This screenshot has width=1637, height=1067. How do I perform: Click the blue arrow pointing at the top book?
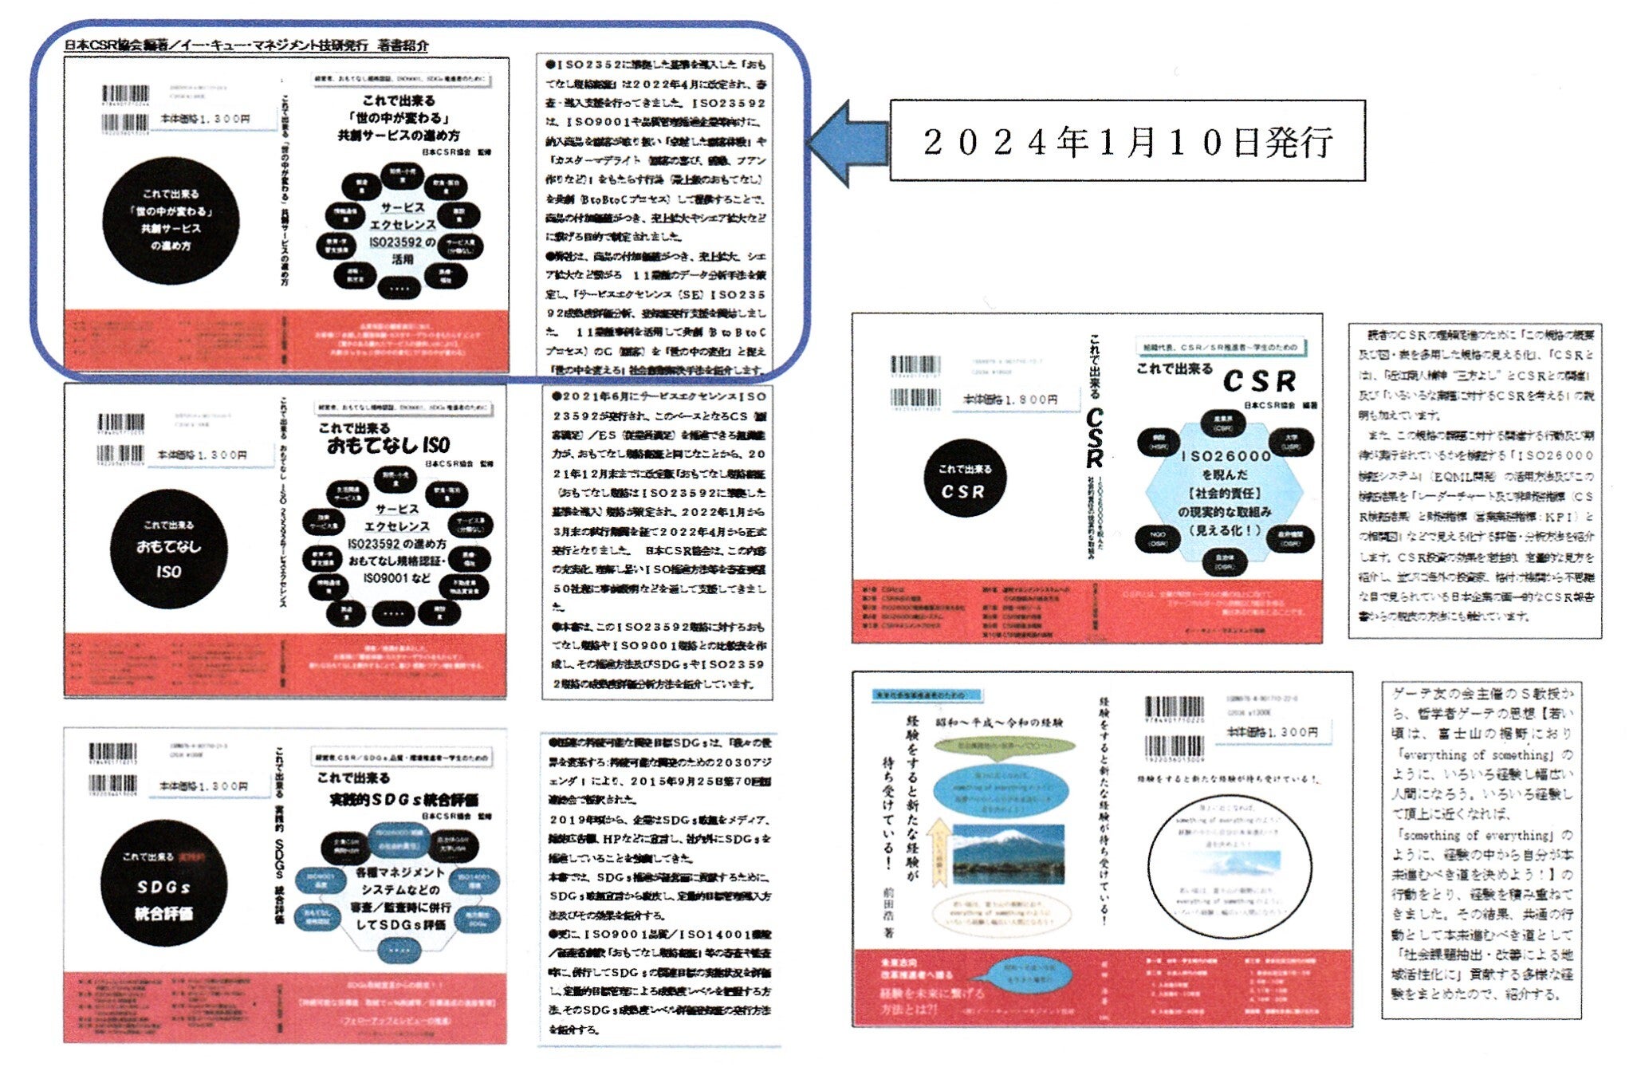point(849,143)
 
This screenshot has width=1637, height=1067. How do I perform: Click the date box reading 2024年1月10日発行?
point(1127,141)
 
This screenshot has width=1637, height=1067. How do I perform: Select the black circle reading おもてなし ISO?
point(168,549)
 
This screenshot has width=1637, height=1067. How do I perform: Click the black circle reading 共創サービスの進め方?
point(170,220)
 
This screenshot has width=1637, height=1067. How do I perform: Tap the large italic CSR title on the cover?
point(1259,381)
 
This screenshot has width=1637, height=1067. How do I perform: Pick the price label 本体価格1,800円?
point(1010,400)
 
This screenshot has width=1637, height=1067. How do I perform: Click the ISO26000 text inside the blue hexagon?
point(1225,456)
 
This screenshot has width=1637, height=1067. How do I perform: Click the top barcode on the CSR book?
point(915,367)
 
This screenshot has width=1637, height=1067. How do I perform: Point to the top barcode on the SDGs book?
point(113,753)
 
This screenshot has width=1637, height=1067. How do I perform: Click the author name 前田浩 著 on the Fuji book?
point(887,909)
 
